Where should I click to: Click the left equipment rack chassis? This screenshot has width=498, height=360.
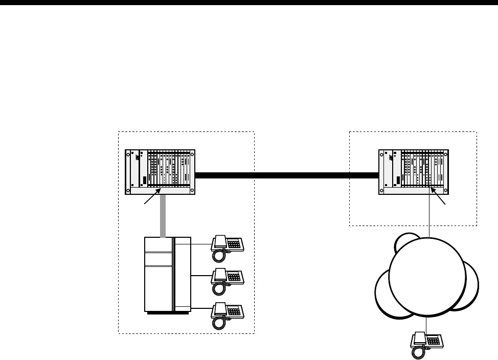[160, 172]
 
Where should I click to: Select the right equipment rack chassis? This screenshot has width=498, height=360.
[413, 172]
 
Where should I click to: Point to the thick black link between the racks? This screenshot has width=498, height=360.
[286, 175]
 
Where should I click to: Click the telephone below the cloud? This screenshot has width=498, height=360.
[427, 342]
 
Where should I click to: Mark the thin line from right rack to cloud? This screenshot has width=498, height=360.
[428, 215]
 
